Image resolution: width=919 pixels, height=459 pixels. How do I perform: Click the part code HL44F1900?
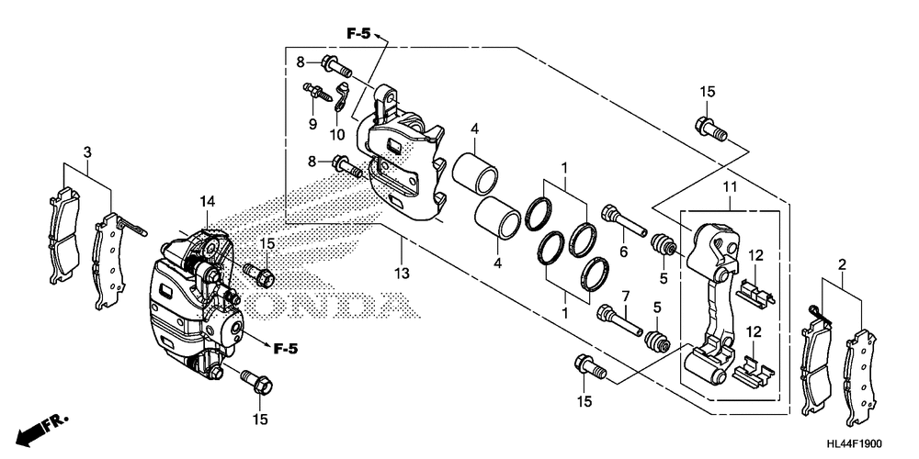click(854, 444)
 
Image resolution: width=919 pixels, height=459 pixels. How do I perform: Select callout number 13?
click(402, 273)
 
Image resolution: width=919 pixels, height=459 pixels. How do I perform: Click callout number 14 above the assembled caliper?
click(207, 201)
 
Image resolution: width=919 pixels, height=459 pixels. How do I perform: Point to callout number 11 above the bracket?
click(730, 187)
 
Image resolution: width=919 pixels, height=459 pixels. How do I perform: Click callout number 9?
click(312, 124)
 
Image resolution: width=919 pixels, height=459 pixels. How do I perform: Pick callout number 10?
click(337, 135)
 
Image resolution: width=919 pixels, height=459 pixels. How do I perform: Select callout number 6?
click(623, 252)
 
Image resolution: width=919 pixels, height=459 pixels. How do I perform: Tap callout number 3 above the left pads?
click(86, 152)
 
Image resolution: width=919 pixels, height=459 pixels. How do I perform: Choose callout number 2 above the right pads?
click(842, 265)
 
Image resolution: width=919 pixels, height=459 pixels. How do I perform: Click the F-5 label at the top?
click(358, 35)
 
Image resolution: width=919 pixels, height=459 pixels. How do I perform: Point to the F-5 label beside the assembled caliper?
click(286, 349)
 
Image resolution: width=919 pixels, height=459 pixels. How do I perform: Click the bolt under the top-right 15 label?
click(711, 129)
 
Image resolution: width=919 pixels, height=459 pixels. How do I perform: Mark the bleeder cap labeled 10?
click(341, 95)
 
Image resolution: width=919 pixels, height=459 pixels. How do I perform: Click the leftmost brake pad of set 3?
click(63, 234)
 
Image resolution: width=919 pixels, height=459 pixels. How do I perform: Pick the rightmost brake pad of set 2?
click(860, 377)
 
